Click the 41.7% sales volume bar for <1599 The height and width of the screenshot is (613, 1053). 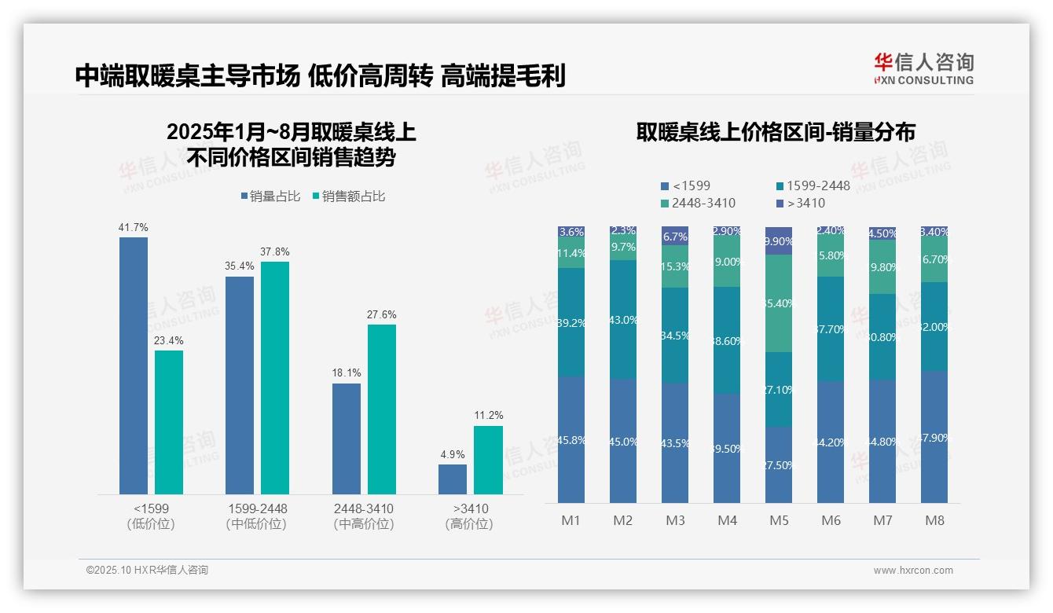[134, 365]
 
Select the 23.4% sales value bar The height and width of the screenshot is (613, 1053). [169, 422]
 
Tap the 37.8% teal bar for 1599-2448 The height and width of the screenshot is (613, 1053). [275, 377]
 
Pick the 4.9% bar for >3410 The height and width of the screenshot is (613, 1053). [453, 479]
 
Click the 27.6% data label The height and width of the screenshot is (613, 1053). [382, 314]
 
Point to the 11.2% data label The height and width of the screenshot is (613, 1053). [488, 415]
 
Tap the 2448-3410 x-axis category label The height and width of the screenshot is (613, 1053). [364, 508]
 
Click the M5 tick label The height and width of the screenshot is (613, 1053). [779, 520]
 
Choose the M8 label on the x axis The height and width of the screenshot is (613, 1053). [934, 520]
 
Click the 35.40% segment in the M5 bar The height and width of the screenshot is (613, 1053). [779, 303]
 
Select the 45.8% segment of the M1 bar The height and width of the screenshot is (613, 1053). [571, 440]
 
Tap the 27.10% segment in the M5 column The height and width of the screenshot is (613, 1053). [779, 389]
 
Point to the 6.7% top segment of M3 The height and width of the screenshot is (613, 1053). [675, 236]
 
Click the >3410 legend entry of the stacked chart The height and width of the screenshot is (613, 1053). [802, 204]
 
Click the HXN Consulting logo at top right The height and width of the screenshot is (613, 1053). [923, 68]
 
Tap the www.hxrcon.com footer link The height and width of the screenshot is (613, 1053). [913, 571]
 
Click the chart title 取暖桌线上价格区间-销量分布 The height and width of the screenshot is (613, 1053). [776, 132]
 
